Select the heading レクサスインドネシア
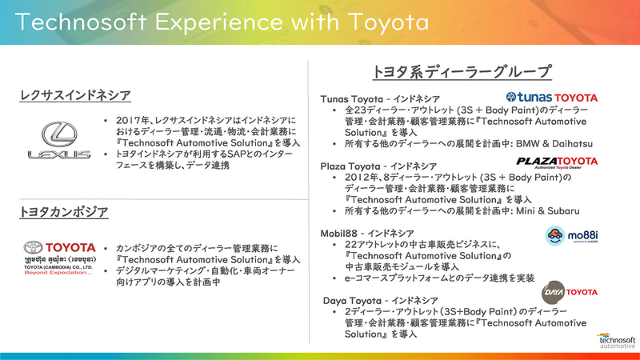coord(75,96)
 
